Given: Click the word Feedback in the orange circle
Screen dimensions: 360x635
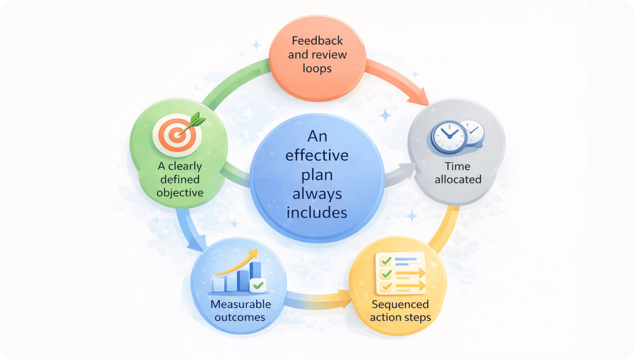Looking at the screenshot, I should pos(317,41).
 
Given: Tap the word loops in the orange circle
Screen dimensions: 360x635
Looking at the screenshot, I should pos(317,69).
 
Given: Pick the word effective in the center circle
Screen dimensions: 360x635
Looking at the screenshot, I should pos(317,155).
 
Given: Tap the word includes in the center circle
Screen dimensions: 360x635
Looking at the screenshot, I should pos(317,212).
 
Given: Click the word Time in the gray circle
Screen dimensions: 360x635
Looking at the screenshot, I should pos(458,166).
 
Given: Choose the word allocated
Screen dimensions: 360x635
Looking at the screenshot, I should pos(458,179).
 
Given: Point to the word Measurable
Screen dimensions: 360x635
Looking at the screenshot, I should pos(240,304).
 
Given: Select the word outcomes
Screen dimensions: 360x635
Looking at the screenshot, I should pos(240,317).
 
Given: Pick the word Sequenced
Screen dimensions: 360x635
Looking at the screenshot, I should pos(400,304).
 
